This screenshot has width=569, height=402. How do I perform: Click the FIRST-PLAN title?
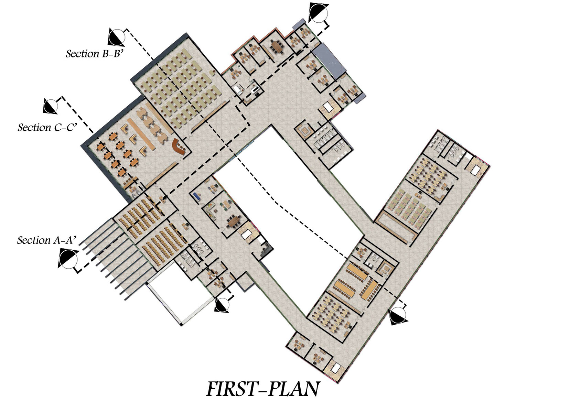pos(262,389)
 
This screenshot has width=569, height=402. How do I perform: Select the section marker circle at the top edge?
pos(318,12)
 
